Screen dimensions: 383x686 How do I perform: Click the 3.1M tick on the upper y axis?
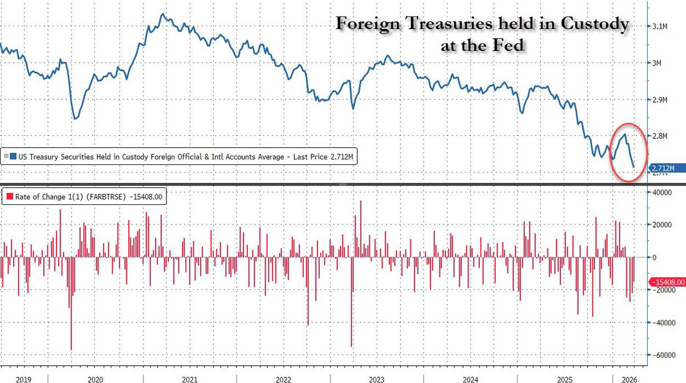(660, 26)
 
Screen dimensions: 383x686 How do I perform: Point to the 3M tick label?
(657, 63)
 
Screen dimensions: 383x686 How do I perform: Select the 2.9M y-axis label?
(660, 99)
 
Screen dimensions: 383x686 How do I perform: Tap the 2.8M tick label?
(660, 136)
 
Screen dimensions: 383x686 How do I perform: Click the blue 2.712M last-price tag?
(664, 168)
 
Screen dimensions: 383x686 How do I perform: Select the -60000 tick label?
(660, 355)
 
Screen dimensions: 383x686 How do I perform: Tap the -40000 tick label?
(660, 322)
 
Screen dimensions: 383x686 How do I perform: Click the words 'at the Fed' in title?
(482, 45)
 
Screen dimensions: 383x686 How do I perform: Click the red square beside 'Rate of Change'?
(10, 197)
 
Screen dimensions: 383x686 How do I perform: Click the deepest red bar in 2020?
(71, 348)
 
